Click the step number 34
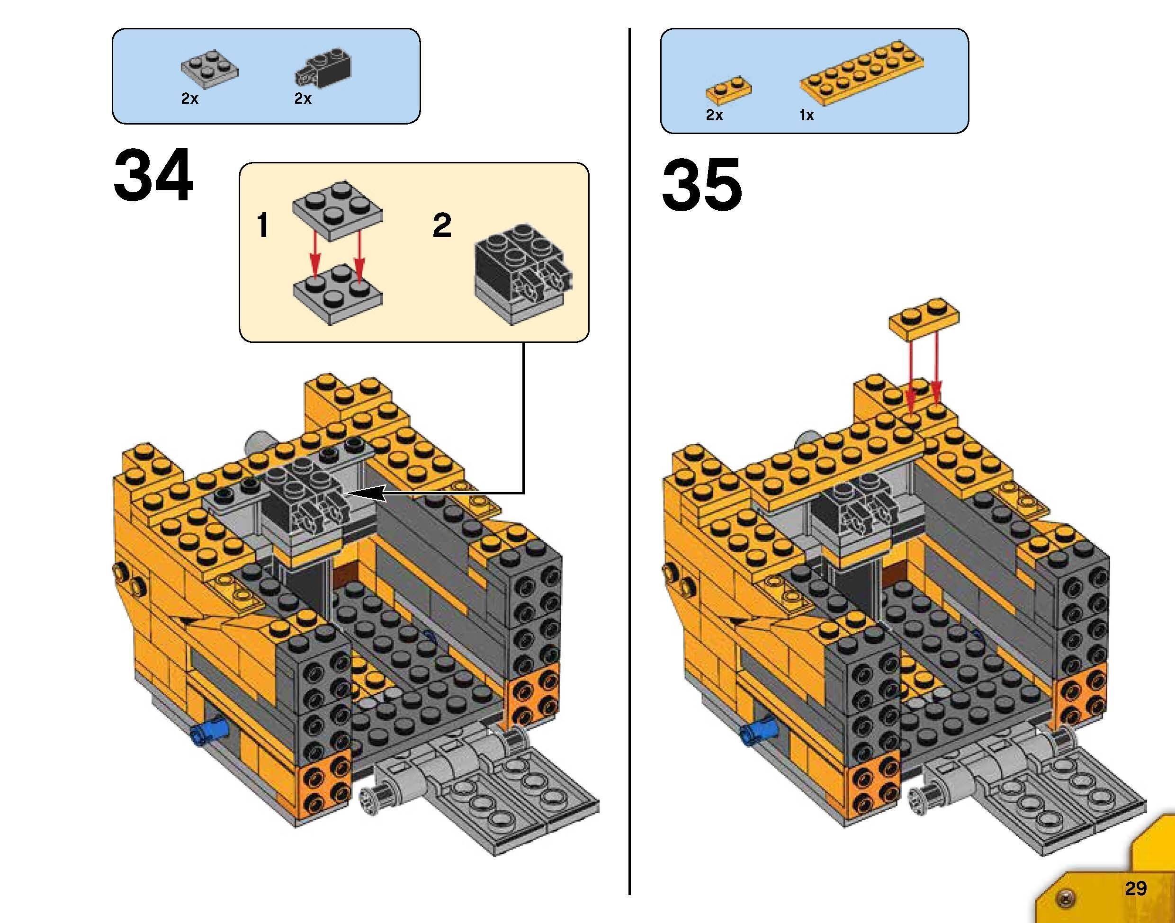pyautogui.click(x=153, y=176)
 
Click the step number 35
pyautogui.click(x=701, y=185)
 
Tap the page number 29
pyautogui.click(x=1136, y=888)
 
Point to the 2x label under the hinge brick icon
pyautogui.click(x=303, y=99)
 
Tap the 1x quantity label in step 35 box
pyautogui.click(x=807, y=115)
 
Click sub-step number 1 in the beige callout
pyautogui.click(x=263, y=225)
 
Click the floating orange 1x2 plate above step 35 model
pyautogui.click(x=924, y=318)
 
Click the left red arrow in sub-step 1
pyautogui.click(x=314, y=257)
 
